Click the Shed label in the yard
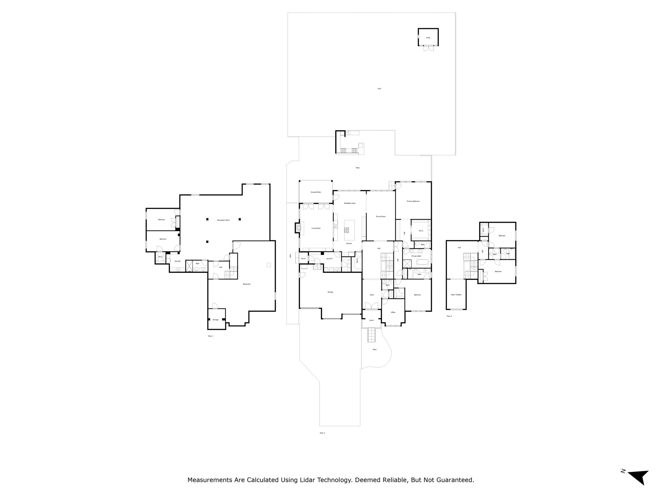point(428,38)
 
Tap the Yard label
point(379,89)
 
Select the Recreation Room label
point(223,220)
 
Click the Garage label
point(330,292)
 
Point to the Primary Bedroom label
point(413,201)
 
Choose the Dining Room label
point(381,216)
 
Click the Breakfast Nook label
point(350,203)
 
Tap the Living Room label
point(316,228)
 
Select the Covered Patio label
point(316,192)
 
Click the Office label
point(393,312)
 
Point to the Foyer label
point(372,295)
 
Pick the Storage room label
point(216,320)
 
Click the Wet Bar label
point(177,261)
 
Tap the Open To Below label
point(456,295)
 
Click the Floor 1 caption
point(210,336)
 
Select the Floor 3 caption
point(449,316)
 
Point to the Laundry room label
point(329,259)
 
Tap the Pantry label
point(357,260)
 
